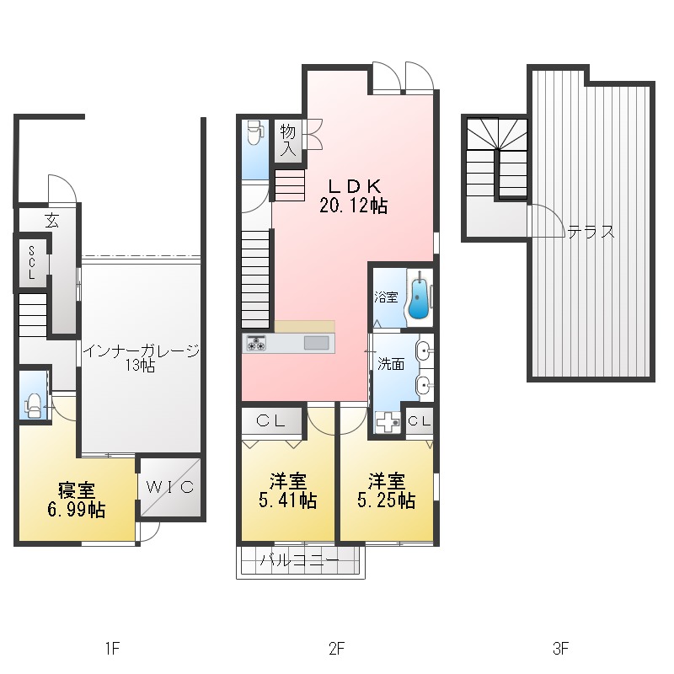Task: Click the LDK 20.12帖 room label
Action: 353,196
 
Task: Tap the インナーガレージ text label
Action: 141,350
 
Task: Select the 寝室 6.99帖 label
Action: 77,500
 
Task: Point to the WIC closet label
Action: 170,487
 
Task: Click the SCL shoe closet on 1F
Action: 32,263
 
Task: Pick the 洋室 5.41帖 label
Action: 288,491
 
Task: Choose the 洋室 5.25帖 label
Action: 386,491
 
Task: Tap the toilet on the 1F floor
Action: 34,406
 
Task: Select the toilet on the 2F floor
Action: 255,134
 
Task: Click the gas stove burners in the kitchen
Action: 255,343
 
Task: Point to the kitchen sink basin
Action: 317,343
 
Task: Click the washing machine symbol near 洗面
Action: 388,422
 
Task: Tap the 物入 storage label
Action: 288,141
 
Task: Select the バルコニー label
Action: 300,560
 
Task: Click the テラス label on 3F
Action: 591,233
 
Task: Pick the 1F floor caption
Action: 112,648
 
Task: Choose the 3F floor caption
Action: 560,648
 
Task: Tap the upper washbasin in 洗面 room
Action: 424,350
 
